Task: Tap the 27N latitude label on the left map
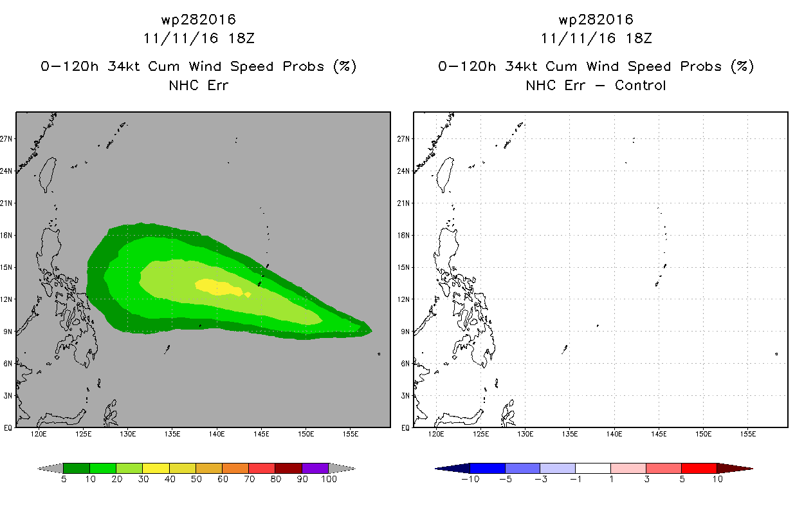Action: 6,138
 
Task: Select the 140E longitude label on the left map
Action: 217,434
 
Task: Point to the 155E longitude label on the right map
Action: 748,434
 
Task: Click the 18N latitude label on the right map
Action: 403,235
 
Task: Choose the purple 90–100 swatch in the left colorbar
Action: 315,468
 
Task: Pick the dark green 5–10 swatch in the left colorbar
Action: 77,468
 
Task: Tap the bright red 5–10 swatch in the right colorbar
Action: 699,468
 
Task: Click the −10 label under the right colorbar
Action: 470,479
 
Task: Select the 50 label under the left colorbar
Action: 196,479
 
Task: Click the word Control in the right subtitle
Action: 640,85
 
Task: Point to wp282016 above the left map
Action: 199,19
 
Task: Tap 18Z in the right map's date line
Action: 639,38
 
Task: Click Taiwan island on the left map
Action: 48,174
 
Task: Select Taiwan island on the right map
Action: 445,174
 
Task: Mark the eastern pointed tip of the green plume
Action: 372,331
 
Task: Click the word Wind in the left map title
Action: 205,66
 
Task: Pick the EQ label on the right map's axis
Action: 406,427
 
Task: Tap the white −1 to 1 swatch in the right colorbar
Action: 592,468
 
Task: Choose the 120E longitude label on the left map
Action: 39,434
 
